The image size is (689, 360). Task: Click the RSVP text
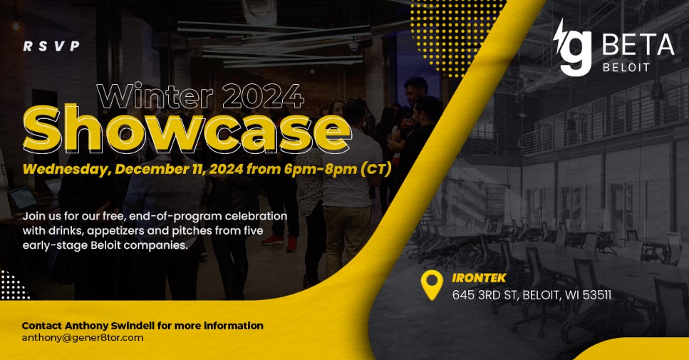(x=51, y=46)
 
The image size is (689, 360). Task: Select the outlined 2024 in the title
(x=263, y=96)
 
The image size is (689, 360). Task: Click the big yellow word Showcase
(x=187, y=129)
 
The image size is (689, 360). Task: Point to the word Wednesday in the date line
(x=66, y=169)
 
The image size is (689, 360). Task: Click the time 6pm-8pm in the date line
(x=321, y=169)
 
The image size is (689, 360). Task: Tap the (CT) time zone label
(x=375, y=169)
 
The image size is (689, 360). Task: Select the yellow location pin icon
(x=432, y=285)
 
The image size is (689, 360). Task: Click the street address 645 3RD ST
(x=484, y=295)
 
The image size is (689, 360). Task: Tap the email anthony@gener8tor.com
(x=83, y=338)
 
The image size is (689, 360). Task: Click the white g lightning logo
(x=572, y=48)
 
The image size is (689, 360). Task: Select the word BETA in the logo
(x=638, y=45)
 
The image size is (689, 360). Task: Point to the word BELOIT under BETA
(x=626, y=68)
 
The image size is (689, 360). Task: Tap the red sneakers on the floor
(x=280, y=242)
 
